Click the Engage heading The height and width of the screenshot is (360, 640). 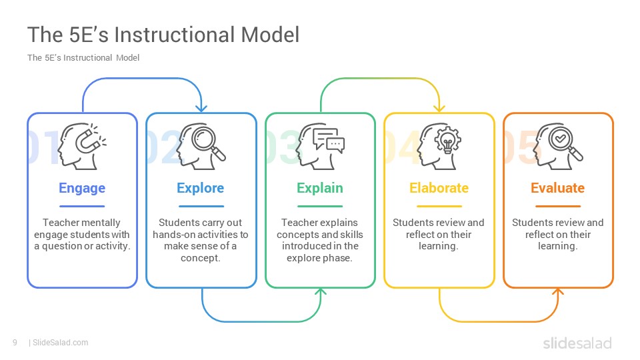82,188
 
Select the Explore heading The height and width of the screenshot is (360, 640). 201,188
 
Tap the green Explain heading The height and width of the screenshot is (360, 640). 320,188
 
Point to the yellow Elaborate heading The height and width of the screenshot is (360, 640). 439,188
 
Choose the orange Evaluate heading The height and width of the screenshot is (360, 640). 557,188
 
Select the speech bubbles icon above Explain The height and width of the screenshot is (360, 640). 328,141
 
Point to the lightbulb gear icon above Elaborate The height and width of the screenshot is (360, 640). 447,141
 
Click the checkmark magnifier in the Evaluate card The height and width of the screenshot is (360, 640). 565,143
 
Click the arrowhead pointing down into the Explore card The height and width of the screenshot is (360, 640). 201,109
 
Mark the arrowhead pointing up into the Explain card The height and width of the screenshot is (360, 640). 321,291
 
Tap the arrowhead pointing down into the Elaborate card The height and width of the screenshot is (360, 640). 439,109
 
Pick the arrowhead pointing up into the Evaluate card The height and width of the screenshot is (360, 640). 558,291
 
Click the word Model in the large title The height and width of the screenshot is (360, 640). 270,35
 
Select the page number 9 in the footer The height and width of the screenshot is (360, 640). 15,343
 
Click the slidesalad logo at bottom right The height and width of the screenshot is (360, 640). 577,343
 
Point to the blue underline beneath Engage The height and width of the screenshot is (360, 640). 82,206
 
